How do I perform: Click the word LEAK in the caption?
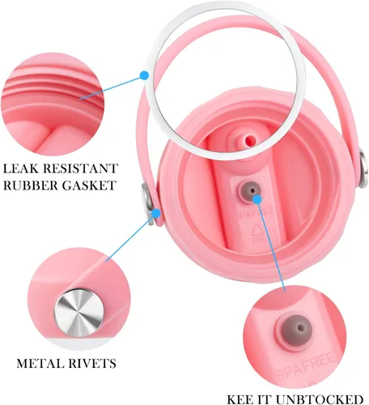point(21,168)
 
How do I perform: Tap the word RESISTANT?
point(81,168)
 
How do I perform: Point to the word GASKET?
point(89,185)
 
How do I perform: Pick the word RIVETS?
point(92,364)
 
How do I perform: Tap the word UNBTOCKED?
point(318,399)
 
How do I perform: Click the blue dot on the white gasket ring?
point(145,75)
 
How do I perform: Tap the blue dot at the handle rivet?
point(156,214)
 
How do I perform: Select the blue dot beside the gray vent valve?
point(257,199)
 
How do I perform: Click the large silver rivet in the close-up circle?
point(78,313)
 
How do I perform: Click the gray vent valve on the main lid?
point(249,191)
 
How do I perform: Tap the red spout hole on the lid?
point(250,140)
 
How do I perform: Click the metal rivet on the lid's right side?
point(364,168)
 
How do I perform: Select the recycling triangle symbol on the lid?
point(257,229)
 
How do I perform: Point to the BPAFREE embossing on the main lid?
point(254,214)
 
